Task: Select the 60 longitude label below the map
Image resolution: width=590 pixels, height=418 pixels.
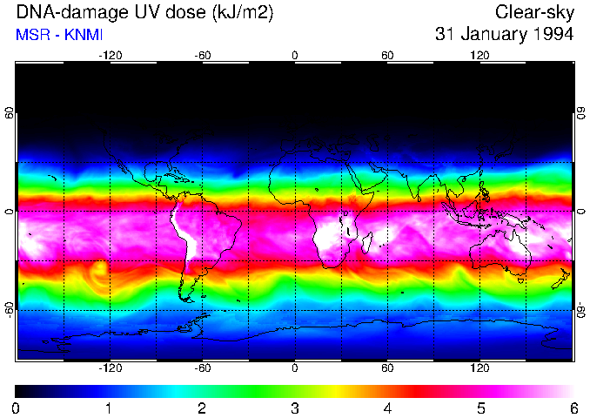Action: pyautogui.click(x=387, y=368)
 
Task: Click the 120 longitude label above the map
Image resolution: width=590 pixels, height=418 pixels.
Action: pyautogui.click(x=479, y=55)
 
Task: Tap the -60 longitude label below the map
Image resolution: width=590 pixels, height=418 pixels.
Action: pyautogui.click(x=203, y=368)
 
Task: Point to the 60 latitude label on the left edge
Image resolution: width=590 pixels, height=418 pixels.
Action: pyautogui.click(x=10, y=113)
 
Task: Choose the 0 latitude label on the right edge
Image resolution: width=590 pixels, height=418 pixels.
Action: pyautogui.click(x=580, y=212)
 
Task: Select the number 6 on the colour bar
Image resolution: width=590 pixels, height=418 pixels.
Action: pyautogui.click(x=573, y=408)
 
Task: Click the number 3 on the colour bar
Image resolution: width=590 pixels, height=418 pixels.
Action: pyautogui.click(x=294, y=408)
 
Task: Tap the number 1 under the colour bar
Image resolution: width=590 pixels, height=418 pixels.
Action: pyautogui.click(x=109, y=408)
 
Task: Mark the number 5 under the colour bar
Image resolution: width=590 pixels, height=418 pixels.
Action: pyautogui.click(x=479, y=408)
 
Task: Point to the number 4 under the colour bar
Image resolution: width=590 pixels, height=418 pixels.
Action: pyautogui.click(x=387, y=408)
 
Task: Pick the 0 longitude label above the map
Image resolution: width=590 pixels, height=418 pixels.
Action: pyautogui.click(x=295, y=55)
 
